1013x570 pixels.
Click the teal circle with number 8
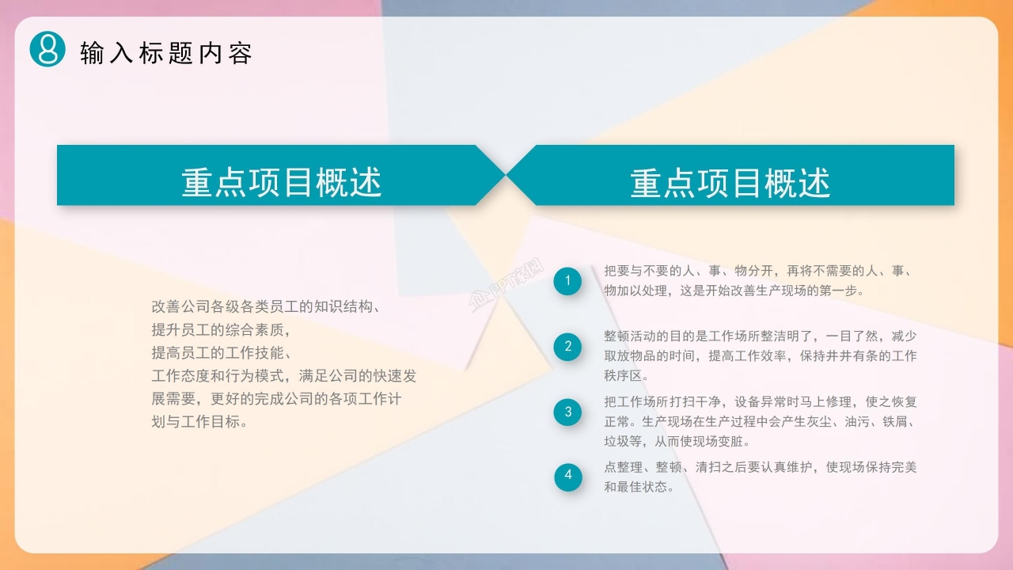click(x=47, y=48)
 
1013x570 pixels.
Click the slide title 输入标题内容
click(x=166, y=53)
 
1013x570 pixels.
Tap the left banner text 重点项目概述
click(x=282, y=183)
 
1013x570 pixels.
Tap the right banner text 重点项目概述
click(x=730, y=183)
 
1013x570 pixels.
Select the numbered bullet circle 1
click(x=567, y=281)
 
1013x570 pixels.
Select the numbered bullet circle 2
click(x=567, y=346)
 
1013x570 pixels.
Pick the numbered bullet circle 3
click(x=567, y=412)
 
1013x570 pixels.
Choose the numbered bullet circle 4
click(x=567, y=476)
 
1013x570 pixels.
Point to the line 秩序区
click(x=626, y=375)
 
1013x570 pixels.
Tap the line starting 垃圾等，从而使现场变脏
click(x=677, y=442)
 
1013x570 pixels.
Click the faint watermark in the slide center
click(x=506, y=283)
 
